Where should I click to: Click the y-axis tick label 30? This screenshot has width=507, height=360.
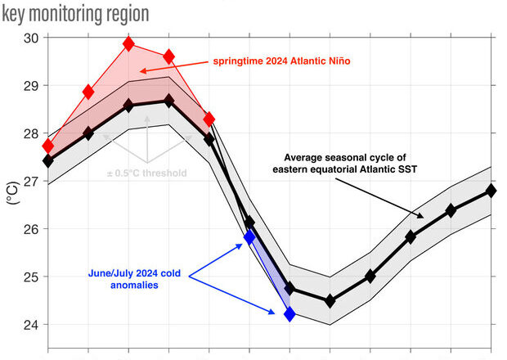pyautogui.click(x=31, y=38)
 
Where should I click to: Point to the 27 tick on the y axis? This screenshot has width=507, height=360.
pyautogui.click(x=31, y=182)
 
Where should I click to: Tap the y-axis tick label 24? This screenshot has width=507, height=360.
pyautogui.click(x=31, y=325)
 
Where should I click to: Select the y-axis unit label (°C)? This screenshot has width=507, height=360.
pyautogui.click(x=13, y=193)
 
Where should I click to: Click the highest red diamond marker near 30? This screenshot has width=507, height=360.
pyautogui.click(x=128, y=43)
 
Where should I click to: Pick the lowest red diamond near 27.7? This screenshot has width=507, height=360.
pyautogui.click(x=48, y=146)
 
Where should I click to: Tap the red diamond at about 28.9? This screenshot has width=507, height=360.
pyautogui.click(x=88, y=92)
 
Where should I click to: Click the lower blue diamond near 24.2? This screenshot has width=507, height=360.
pyautogui.click(x=289, y=314)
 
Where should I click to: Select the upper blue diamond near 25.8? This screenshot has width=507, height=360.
pyautogui.click(x=249, y=237)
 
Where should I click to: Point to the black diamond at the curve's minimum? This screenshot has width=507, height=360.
pyautogui.click(x=330, y=301)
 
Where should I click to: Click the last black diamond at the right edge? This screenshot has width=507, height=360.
pyautogui.click(x=491, y=191)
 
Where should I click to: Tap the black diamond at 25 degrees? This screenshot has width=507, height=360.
pyautogui.click(x=370, y=277)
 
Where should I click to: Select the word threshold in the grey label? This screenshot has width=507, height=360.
pyautogui.click(x=165, y=173)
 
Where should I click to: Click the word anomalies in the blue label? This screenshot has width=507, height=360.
pyautogui.click(x=134, y=285)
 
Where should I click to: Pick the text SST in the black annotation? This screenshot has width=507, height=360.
pyautogui.click(x=408, y=169)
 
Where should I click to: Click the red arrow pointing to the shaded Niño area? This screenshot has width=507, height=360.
pyautogui.click(x=174, y=65)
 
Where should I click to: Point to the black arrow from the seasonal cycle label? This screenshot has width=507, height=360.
pyautogui.click(x=379, y=198)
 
